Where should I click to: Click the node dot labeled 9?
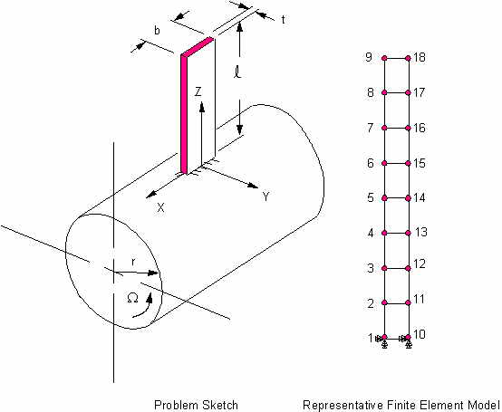pos(384,58)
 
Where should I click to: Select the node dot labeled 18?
pos(408,58)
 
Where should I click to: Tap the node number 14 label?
pos(419,197)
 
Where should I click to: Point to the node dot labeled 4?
pos(384,234)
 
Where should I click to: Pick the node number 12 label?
pos(419,263)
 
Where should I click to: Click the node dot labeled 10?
pos(408,337)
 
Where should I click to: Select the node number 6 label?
pos(371,163)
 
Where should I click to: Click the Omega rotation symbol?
pos(132,298)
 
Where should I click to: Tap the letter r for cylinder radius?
pos(133,262)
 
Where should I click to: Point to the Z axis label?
pos(198,91)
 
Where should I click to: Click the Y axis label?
pos(265,196)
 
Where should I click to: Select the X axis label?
pos(160,208)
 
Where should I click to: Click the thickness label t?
pos(283,20)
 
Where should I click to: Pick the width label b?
pos(157,31)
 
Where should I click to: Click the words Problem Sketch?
pos(196,405)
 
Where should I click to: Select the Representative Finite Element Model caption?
pos(401,405)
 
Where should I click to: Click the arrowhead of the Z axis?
pos(202,107)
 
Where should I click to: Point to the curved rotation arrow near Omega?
pos(143,307)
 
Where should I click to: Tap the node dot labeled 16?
pos(408,128)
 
